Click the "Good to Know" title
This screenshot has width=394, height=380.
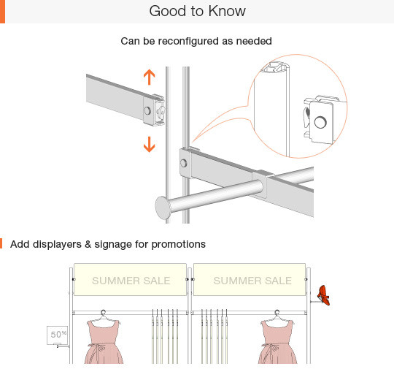pyautogui.click(x=197, y=11)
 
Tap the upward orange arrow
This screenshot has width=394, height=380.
pyautogui.click(x=150, y=77)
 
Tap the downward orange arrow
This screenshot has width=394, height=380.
pyautogui.click(x=150, y=145)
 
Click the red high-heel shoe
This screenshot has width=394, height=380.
pyautogui.click(x=324, y=295)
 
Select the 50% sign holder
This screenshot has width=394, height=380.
pyautogui.click(x=58, y=335)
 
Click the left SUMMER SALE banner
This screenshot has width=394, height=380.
pyautogui.click(x=130, y=280)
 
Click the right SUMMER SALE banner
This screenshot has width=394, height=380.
pyautogui.click(x=250, y=280)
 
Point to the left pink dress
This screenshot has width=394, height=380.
pyautogui.click(x=104, y=341)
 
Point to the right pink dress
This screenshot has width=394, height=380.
pyautogui.click(x=277, y=341)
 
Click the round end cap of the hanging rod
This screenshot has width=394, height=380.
pyautogui.click(x=163, y=208)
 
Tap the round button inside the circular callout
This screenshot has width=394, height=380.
pyautogui.click(x=320, y=122)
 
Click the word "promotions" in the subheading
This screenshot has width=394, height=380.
pyautogui.click(x=179, y=244)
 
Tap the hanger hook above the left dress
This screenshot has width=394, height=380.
pyautogui.click(x=104, y=313)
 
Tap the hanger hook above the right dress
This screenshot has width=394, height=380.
pyautogui.click(x=277, y=313)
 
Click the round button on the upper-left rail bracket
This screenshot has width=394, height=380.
pyautogui.click(x=147, y=111)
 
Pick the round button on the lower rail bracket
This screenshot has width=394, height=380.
pyautogui.click(x=184, y=163)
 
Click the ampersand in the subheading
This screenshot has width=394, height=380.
pyautogui.click(x=88, y=244)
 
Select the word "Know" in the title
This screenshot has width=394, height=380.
pyautogui.click(x=227, y=11)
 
